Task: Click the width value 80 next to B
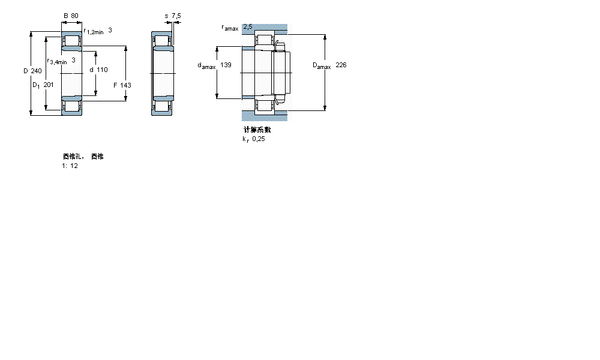tap(74, 16)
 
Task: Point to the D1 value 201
tap(49, 85)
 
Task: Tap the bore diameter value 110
tap(103, 70)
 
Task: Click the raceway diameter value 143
tap(125, 85)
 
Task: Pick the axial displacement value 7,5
tap(176, 16)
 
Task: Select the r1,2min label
tap(94, 32)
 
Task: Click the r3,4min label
tap(58, 61)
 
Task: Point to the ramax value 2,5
tap(247, 27)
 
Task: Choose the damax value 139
tap(226, 65)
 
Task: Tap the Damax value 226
tap(341, 65)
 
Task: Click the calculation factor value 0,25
tap(259, 139)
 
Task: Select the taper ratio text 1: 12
tap(70, 166)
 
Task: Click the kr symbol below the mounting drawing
tap(245, 139)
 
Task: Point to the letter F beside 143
tap(115, 85)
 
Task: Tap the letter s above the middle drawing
tap(166, 16)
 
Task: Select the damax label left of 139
tap(206, 65)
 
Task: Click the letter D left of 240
tap(25, 70)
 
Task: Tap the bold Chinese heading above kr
tap(257, 130)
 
